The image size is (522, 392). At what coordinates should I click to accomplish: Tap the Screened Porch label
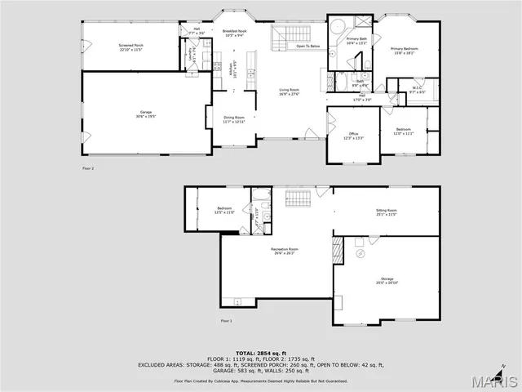point(130,47)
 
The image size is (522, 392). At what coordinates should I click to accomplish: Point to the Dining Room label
point(234,120)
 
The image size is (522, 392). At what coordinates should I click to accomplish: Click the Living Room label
point(290,93)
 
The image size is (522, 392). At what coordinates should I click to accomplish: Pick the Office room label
point(352,136)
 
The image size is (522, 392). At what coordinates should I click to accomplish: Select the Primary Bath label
point(356,41)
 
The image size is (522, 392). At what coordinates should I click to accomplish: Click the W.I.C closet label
point(416,90)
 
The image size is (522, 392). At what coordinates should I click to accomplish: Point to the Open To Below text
point(308,47)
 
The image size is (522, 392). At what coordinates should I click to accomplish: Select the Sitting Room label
point(386,212)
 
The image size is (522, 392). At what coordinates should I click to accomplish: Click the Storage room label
point(387,281)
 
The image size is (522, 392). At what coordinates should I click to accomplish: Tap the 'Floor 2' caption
point(88,168)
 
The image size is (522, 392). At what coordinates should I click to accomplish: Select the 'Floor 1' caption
point(227,321)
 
